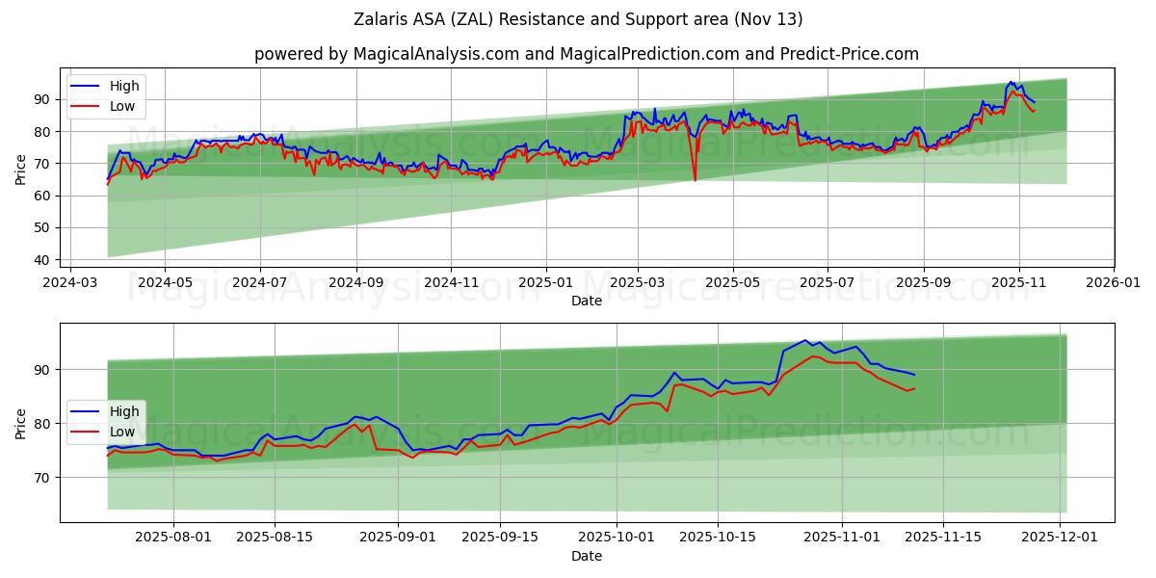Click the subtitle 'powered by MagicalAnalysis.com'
pyautogui.click(x=586, y=54)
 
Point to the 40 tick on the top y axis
pyautogui.click(x=40, y=260)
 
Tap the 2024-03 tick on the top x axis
pyautogui.click(x=69, y=283)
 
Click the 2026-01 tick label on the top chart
pyautogui.click(x=1114, y=283)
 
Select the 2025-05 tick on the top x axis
pyautogui.click(x=733, y=283)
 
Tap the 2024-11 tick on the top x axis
pyautogui.click(x=451, y=283)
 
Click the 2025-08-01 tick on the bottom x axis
pyautogui.click(x=173, y=538)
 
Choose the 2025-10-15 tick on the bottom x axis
pyautogui.click(x=718, y=538)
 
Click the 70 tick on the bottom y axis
pyautogui.click(x=40, y=477)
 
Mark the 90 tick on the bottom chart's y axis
pyautogui.click(x=40, y=370)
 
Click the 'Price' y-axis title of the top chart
pyautogui.click(x=21, y=169)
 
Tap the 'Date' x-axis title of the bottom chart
pyautogui.click(x=586, y=556)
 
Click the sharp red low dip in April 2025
pyautogui.click(x=695, y=179)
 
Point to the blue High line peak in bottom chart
pyautogui.click(x=804, y=340)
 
